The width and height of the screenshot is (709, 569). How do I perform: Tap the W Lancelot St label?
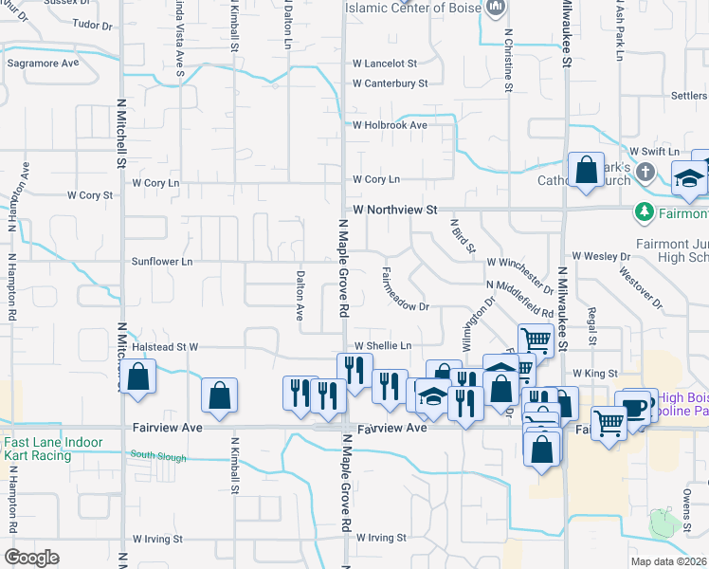385,64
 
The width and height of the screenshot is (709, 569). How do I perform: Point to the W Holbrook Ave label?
390,124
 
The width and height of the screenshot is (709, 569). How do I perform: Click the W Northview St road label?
394,209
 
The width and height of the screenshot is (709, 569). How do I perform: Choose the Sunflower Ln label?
161,261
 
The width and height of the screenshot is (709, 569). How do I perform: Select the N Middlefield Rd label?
518,298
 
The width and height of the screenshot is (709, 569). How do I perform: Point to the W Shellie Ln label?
383,345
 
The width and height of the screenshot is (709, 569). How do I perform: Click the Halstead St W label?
166,347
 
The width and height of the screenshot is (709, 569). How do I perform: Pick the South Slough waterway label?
155,455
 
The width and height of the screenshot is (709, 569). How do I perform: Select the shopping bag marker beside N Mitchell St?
138,376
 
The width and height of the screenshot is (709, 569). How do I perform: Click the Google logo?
32,558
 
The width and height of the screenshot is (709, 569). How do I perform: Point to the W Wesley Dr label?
601,256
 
